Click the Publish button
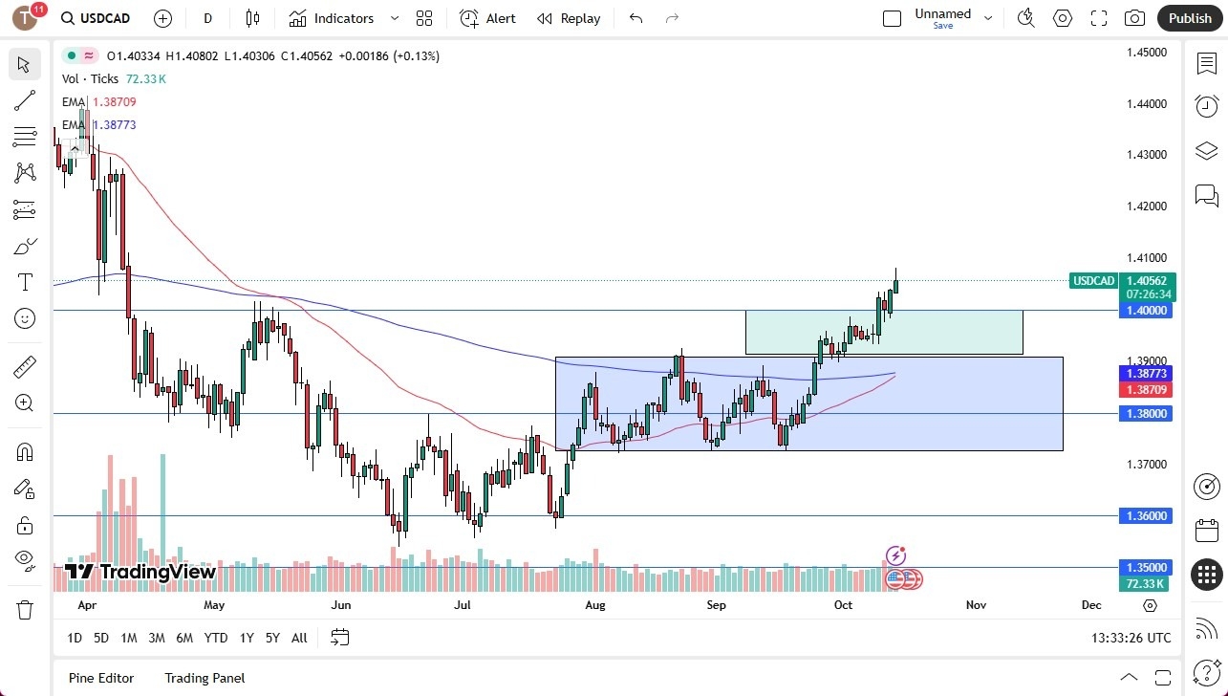1189,18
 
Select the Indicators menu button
332,18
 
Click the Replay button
569,18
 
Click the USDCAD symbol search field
104,18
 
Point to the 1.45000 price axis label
1147,53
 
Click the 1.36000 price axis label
1147,516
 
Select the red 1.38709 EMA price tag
1147,390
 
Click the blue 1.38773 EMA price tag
1147,374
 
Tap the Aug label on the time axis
594,605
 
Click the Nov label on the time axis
976,605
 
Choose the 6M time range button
184,638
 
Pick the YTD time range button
216,638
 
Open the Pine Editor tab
101,678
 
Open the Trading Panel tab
205,678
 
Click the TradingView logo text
140,572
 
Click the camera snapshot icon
1134,18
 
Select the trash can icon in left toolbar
25,609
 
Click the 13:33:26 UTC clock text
1131,638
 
